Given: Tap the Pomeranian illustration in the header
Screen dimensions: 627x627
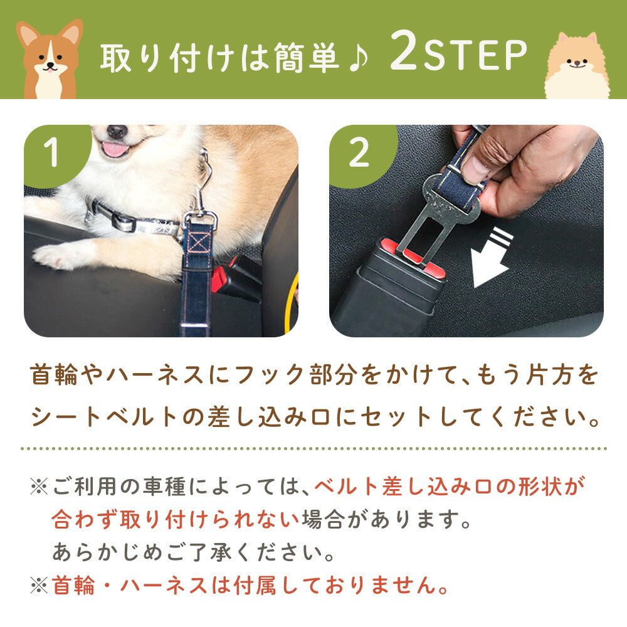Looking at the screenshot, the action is click(x=577, y=66).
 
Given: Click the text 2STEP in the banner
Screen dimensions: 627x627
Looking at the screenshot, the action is click(x=458, y=52).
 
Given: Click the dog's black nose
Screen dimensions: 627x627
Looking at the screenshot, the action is click(x=117, y=131).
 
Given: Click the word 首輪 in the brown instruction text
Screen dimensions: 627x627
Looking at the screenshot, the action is click(x=54, y=375).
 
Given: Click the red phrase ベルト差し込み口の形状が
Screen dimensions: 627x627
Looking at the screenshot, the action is click(x=450, y=487).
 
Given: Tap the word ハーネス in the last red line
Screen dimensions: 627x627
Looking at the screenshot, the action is click(x=163, y=586).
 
